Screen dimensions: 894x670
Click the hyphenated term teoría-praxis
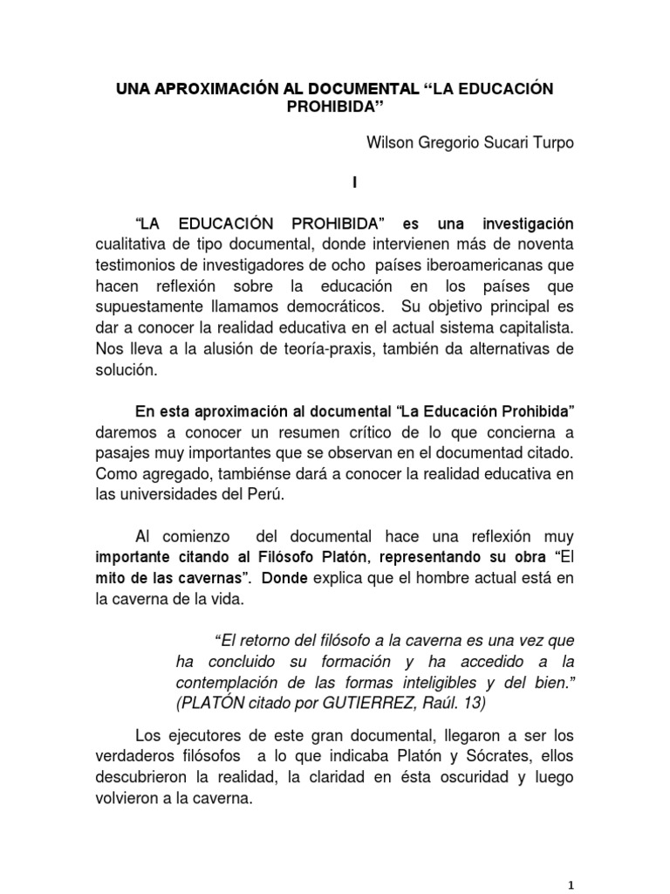(x=296, y=349)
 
